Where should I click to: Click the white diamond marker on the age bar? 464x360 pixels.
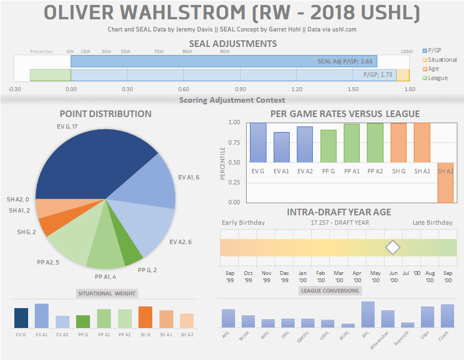[x=392, y=247]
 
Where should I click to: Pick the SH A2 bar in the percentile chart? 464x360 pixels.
[x=446, y=182]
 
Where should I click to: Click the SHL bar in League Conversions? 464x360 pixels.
[x=368, y=314]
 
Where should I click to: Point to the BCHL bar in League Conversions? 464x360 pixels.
[x=348, y=325]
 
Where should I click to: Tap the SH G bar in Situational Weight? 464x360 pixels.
[x=145, y=317]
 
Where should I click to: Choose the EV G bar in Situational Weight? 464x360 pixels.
[x=21, y=318]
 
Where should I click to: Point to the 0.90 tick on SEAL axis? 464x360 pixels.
[x=240, y=89]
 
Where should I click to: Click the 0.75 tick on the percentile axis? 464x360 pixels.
[x=234, y=142]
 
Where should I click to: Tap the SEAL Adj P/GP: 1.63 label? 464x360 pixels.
[x=345, y=61]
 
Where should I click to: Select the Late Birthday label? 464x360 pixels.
[x=432, y=223]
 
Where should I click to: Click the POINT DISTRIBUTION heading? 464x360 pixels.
[x=105, y=114]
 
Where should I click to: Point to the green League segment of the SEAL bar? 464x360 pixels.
[x=50, y=75]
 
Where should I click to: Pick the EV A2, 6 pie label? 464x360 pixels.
[x=181, y=242]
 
